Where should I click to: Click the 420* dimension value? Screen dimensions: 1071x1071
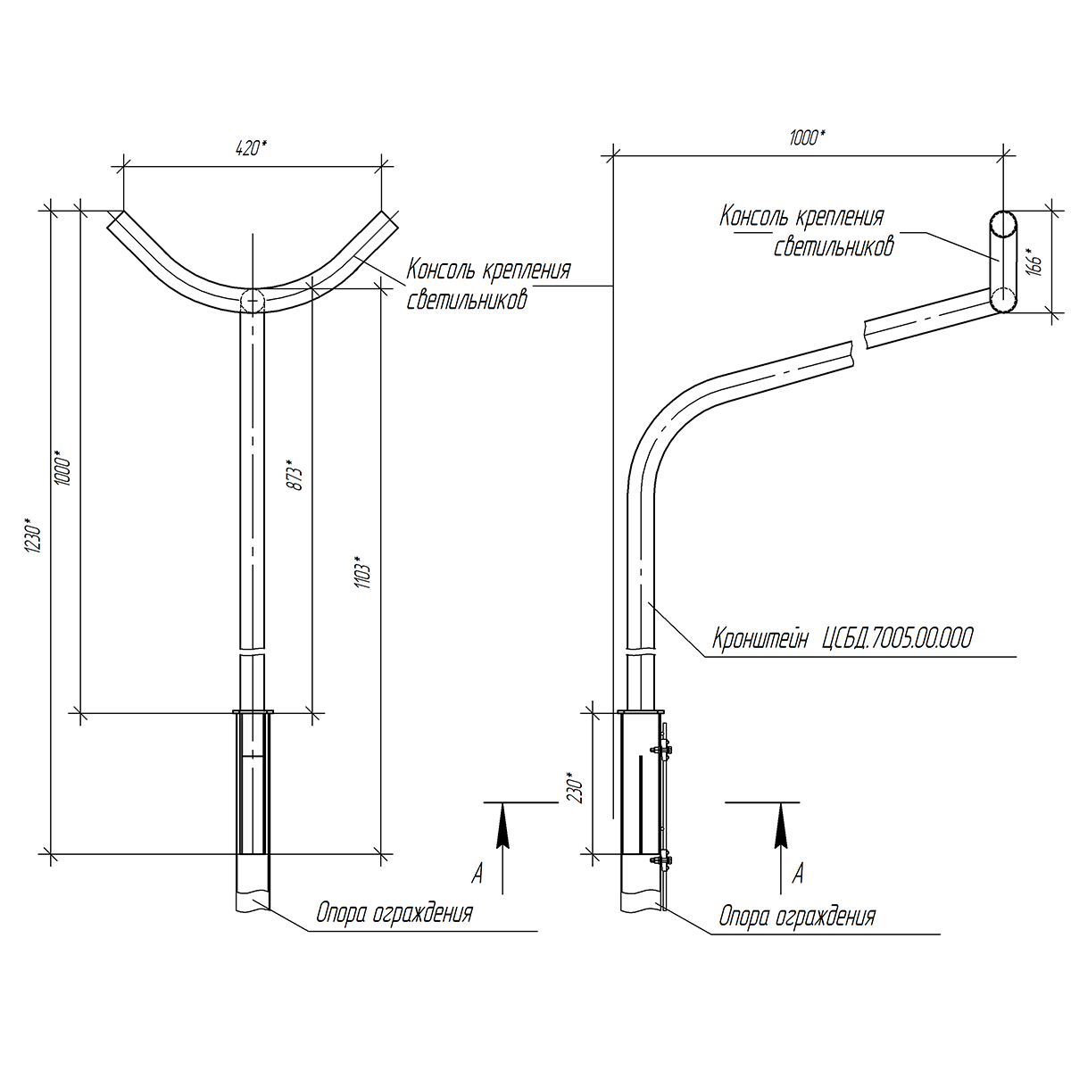[x=251, y=148]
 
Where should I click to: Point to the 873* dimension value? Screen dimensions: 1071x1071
[x=295, y=474]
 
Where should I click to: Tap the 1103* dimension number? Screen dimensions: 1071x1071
[x=365, y=572]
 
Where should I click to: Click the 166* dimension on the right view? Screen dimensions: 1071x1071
[x=1035, y=262]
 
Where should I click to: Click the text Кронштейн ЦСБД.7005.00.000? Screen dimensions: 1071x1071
[x=843, y=638]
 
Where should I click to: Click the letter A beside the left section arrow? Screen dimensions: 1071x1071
[x=477, y=873]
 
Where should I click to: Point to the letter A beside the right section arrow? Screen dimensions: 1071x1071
[x=798, y=873]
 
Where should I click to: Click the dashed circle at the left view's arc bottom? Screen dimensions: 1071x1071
[x=253, y=301]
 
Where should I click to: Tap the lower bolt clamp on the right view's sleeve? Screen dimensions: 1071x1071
[x=662, y=859]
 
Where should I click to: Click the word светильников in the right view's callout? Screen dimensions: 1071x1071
[x=834, y=246]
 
